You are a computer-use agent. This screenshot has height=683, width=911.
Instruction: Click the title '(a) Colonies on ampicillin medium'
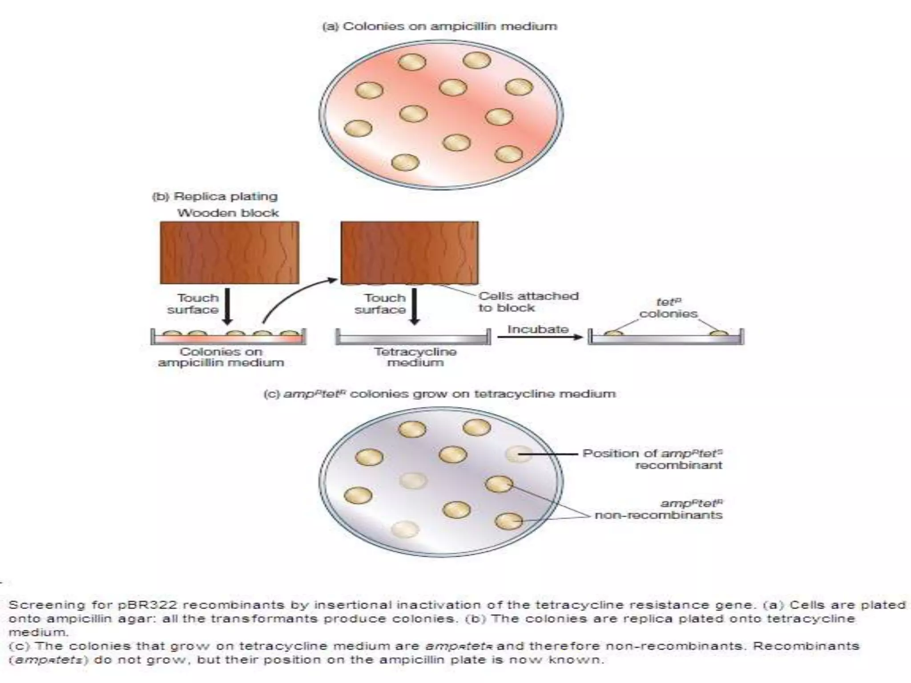pos(439,26)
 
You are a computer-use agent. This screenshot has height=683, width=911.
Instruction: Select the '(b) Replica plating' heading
pos(215,197)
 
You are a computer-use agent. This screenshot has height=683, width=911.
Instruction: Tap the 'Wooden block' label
pos(228,213)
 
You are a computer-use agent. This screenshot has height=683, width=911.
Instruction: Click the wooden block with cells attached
pos(409,253)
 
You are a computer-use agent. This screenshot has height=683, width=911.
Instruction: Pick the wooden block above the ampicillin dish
pos(229,253)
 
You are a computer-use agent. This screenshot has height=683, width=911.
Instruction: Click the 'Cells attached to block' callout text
pos(528,302)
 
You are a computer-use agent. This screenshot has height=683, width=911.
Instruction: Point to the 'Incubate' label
pos(538,329)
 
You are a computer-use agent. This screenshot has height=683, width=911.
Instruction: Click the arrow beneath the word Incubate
pos(540,337)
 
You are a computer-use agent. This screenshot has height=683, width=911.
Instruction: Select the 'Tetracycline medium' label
pos(415,357)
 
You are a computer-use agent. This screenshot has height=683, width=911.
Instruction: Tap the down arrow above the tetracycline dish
pos(414,306)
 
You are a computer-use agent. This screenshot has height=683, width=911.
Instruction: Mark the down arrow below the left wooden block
pos(227,306)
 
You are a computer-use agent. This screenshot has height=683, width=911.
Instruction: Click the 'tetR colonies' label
pos(668,308)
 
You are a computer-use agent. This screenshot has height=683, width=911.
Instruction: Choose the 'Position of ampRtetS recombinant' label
pos(653,459)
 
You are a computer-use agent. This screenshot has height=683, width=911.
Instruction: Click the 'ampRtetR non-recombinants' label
pos(659,510)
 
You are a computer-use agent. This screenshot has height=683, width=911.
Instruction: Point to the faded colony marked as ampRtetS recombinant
pos(519,454)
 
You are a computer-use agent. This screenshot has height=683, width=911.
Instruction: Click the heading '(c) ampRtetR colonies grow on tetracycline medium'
pos(439,394)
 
